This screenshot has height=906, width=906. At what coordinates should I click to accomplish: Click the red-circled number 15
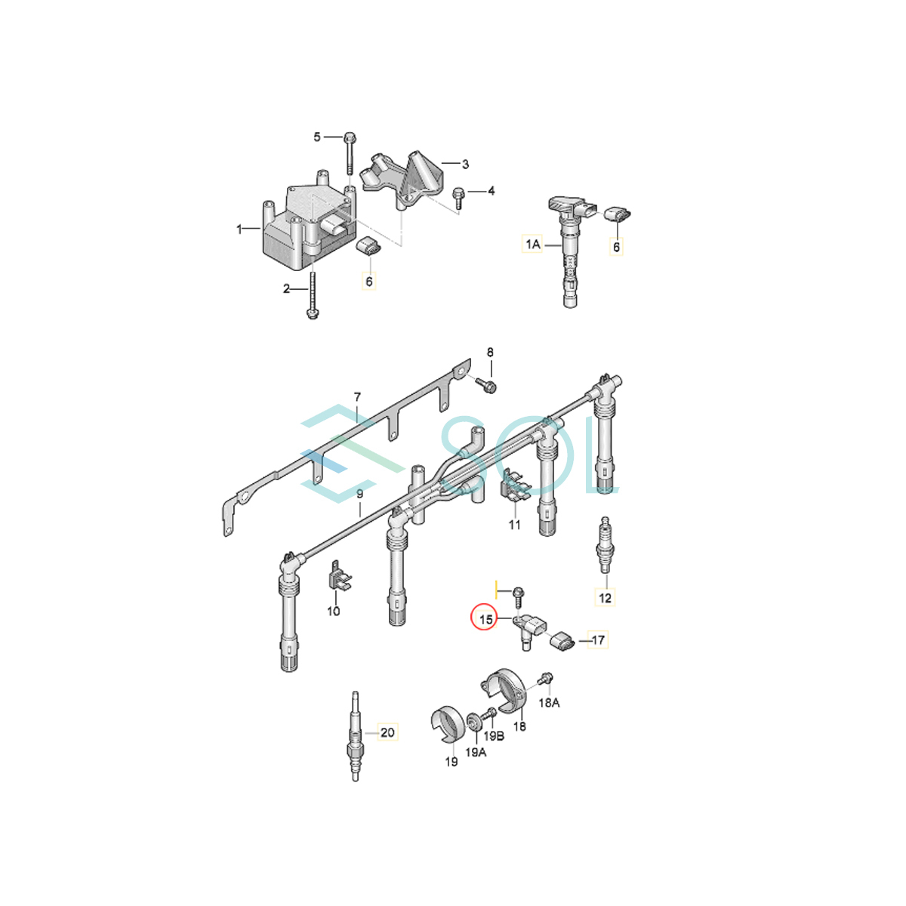tap(485, 620)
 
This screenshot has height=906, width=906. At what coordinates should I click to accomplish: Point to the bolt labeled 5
tap(350, 151)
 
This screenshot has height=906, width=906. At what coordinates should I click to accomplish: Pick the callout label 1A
tap(533, 243)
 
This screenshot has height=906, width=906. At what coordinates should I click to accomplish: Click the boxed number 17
tap(598, 640)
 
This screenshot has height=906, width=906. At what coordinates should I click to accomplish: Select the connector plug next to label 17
tap(562, 642)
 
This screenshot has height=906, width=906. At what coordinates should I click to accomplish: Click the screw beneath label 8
tap(487, 386)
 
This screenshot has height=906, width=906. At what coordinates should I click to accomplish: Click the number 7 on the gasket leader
tap(357, 397)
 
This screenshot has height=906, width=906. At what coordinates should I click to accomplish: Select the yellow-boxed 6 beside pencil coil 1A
tap(616, 247)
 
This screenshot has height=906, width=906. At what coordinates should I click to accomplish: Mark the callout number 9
tap(359, 494)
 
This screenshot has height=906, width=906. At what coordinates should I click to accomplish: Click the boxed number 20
tap(387, 732)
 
